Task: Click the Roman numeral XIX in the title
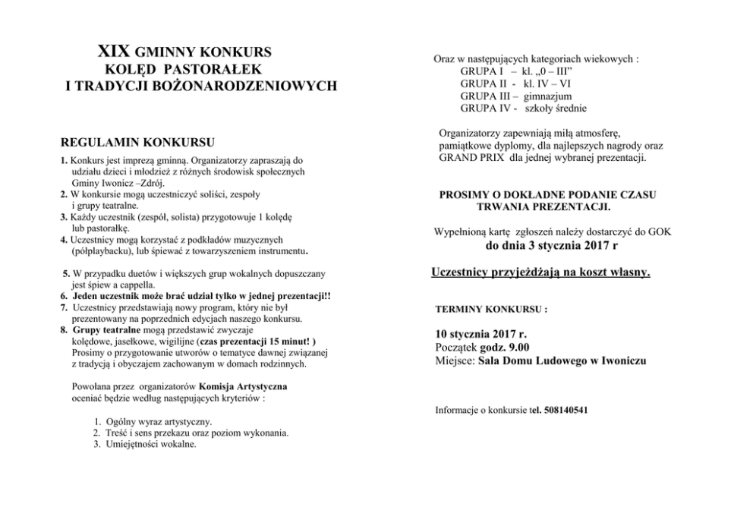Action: pyautogui.click(x=115, y=53)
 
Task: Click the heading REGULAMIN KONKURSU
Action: pyautogui.click(x=137, y=142)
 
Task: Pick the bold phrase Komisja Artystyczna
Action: pyautogui.click(x=233, y=386)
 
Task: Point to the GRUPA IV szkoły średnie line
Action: pyautogui.click(x=522, y=109)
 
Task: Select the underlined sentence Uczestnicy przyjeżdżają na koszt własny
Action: pyautogui.click(x=540, y=272)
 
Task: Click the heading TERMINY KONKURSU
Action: pyautogui.click(x=491, y=310)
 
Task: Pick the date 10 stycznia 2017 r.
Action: pyautogui.click(x=481, y=333)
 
